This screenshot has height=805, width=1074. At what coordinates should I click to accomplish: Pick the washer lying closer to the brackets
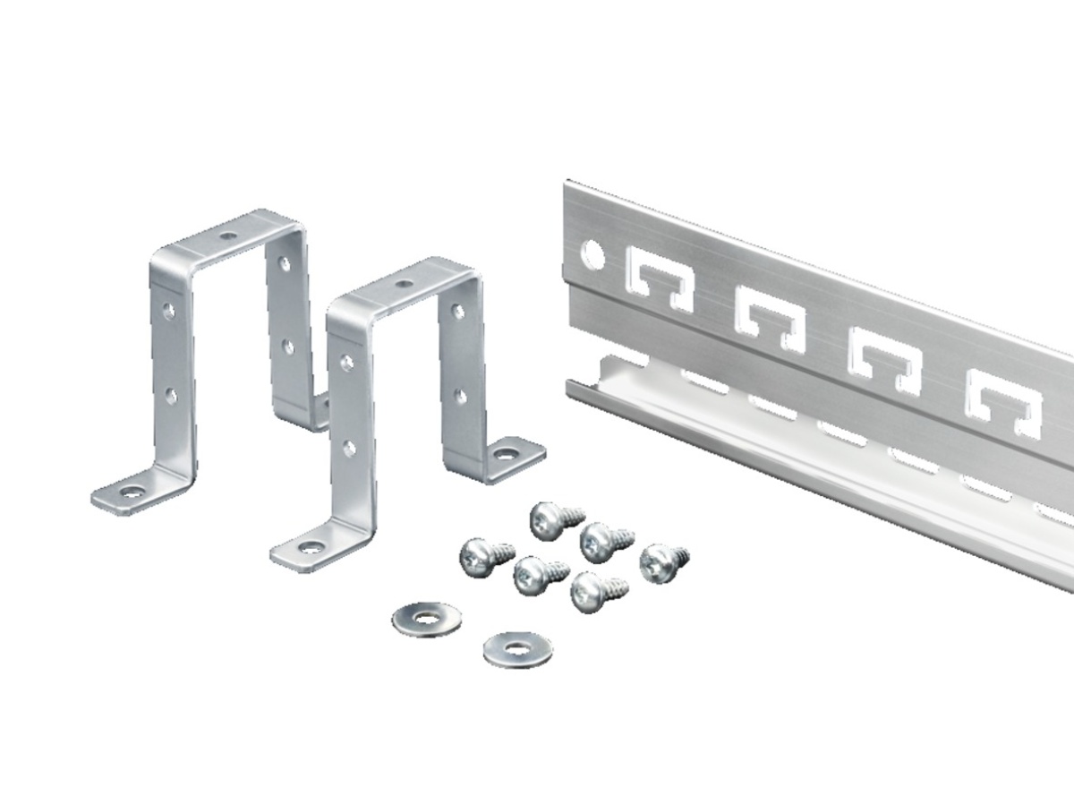coord(427,618)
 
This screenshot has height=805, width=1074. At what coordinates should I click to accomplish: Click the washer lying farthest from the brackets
coord(517,647)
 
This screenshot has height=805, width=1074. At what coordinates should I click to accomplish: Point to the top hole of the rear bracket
coord(229,236)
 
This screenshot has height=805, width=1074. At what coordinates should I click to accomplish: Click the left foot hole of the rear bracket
coord(132,492)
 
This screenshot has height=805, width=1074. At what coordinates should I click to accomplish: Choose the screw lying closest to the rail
coord(662,562)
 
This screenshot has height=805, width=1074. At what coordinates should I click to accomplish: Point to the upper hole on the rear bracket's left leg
coord(167,310)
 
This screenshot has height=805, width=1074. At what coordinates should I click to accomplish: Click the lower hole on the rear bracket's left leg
coord(170,395)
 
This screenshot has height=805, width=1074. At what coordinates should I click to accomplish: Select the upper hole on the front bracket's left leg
coord(345,362)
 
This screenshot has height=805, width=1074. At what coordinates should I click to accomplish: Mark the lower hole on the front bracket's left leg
coord(348,448)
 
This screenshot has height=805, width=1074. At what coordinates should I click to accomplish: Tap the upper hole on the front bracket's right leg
coord(456,312)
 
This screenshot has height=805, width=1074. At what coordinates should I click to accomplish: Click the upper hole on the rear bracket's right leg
coord(284,265)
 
